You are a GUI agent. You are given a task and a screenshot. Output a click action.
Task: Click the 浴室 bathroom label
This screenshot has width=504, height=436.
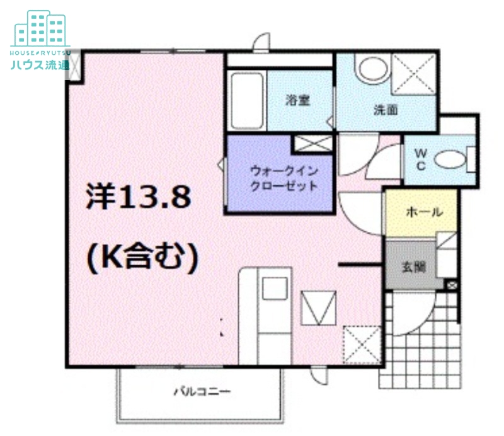297,99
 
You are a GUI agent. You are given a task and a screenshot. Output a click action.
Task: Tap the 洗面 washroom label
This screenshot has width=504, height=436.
386,109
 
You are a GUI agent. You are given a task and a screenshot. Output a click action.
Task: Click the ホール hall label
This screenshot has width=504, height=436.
423,212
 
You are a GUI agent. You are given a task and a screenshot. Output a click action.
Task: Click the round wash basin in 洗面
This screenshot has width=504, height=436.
371,69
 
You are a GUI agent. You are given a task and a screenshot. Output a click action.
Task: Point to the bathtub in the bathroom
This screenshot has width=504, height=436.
243,101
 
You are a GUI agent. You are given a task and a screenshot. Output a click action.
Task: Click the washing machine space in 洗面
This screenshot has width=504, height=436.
413,74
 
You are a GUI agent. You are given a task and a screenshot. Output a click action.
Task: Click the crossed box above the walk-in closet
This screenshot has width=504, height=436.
313,144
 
